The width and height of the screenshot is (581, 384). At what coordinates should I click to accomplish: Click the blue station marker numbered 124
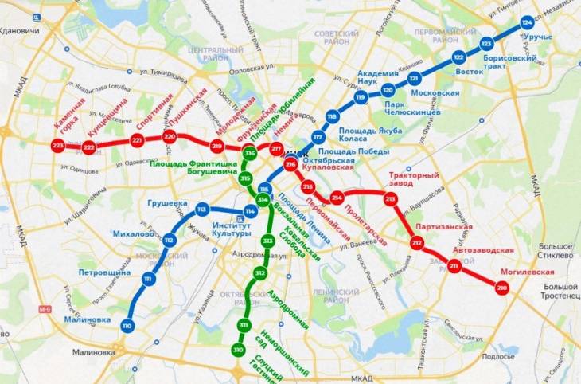[526, 22]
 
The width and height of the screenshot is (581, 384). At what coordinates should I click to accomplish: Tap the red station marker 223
[57, 147]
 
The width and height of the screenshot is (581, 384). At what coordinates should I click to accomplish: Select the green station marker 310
[238, 351]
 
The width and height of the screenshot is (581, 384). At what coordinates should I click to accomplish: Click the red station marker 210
[501, 287]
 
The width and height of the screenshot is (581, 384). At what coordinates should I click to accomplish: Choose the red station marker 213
[390, 199]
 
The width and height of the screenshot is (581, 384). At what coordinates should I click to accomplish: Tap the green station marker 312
[259, 273]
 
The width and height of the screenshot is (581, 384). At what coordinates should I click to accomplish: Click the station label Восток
[470, 72]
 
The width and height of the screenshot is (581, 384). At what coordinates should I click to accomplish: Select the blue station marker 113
[201, 210]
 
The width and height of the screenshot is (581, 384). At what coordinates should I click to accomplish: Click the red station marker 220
[169, 136]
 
